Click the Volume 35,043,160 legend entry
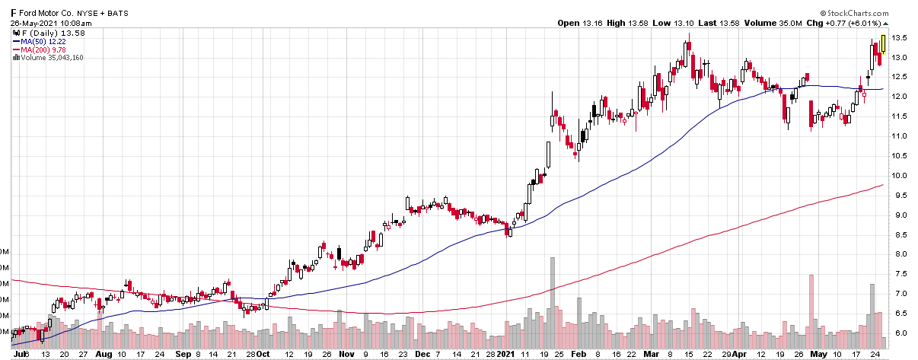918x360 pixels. click(x=52, y=58)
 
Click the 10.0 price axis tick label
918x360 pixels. click(x=900, y=176)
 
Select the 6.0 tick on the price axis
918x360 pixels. click(x=900, y=333)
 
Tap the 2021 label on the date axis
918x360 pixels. click(x=507, y=354)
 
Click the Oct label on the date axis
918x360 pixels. click(x=262, y=354)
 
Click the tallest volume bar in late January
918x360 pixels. click(x=553, y=298)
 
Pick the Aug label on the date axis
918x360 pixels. click(x=103, y=354)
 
